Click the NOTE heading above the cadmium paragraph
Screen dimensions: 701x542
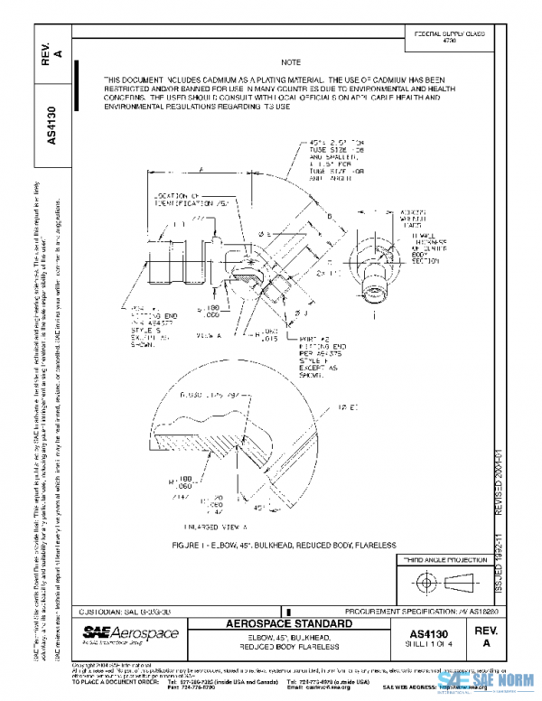coord(291,63)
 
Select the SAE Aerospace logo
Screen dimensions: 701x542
coord(118,635)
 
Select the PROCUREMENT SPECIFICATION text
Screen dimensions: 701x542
coord(410,612)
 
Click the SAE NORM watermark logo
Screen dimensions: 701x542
coord(500,683)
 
